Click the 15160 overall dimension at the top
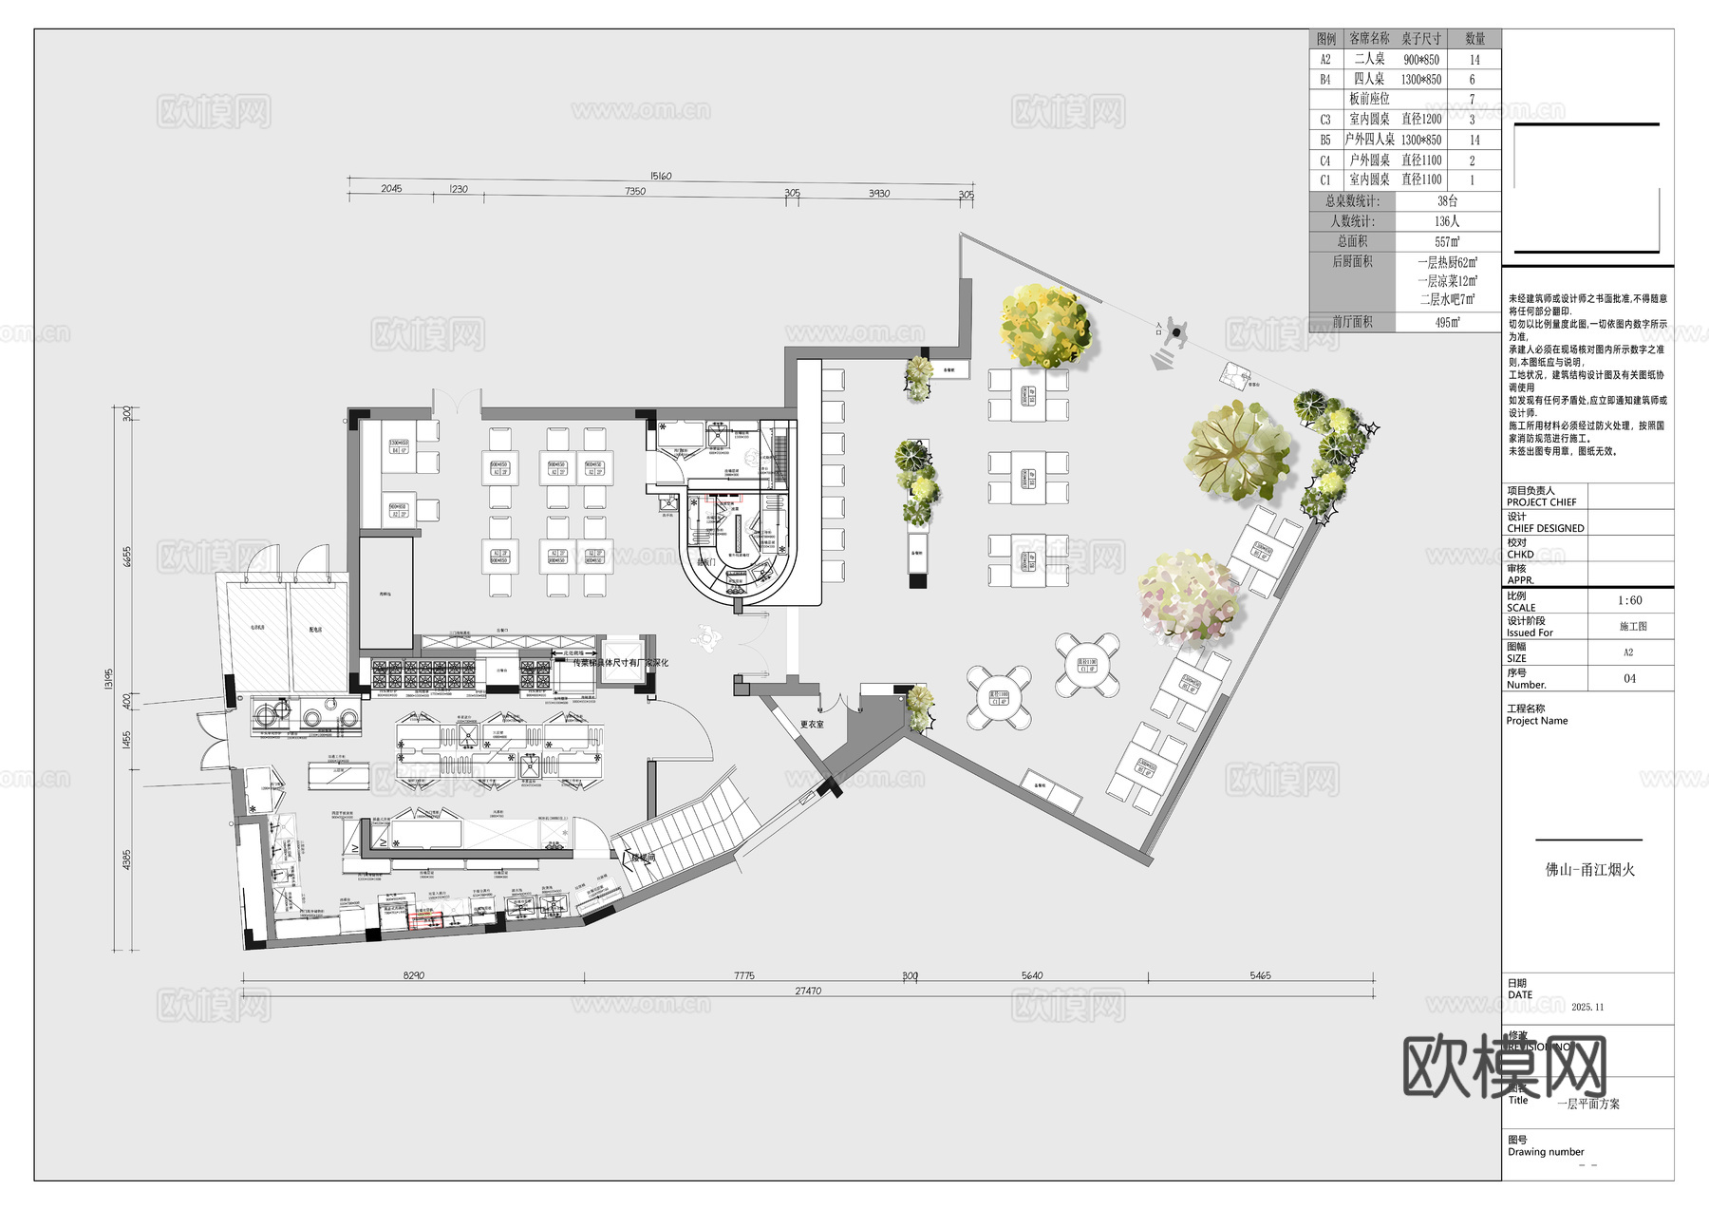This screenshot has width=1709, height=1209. [661, 176]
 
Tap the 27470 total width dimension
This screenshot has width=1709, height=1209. [808, 991]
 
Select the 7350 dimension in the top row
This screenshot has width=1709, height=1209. [635, 191]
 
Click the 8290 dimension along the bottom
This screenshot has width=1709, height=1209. [414, 975]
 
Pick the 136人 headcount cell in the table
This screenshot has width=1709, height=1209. [1447, 221]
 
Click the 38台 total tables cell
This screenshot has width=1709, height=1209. [1447, 201]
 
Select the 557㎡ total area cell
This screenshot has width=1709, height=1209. [1447, 242]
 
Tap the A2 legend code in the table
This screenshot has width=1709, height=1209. [1325, 59]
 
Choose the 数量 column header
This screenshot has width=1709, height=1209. [1474, 39]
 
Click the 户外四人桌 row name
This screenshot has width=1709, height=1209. [1369, 140]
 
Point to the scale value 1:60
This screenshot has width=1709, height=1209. [1629, 600]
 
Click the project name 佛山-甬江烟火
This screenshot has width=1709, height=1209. [1590, 869]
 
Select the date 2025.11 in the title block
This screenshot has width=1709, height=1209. [1587, 1007]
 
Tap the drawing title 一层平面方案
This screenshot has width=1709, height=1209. [1588, 1104]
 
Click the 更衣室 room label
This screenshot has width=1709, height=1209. [812, 725]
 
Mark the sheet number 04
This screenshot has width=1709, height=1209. [1629, 678]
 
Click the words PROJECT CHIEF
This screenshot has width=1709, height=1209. [1541, 502]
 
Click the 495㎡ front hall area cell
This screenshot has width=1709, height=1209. [1447, 323]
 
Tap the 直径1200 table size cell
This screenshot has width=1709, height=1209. [1421, 120]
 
